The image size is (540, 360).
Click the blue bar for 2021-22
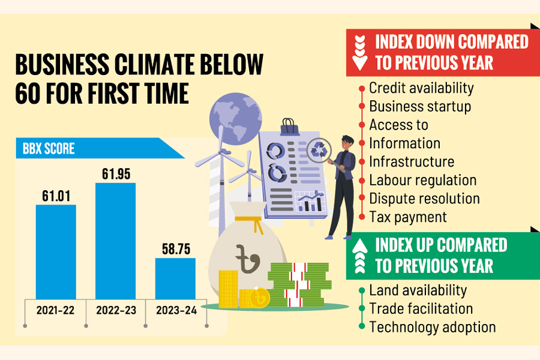pos(56,252)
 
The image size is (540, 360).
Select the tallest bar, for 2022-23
pos(115,240)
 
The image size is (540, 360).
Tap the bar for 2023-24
pos(175,278)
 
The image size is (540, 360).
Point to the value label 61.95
pos(115,174)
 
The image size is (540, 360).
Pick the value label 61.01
pos(56,196)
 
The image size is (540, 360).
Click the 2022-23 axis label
pos(115,311)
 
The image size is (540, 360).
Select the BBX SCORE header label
pos(50,148)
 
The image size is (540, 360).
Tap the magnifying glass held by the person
pos(319,150)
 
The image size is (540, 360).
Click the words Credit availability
pos(421,88)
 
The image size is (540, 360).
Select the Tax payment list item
pos(408,217)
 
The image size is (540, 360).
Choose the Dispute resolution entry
pos(424,198)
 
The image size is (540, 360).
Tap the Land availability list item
pos(418,290)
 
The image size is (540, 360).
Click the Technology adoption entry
pos(432,327)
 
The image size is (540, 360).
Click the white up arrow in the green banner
pos(359,255)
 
